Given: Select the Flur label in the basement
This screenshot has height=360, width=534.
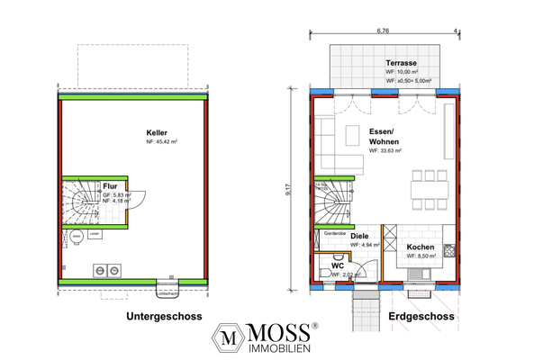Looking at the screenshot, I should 110,185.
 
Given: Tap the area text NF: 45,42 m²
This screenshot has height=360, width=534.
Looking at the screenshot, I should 164,142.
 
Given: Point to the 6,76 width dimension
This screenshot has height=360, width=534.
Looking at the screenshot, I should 383,31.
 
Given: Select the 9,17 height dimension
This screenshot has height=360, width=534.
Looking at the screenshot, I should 290,190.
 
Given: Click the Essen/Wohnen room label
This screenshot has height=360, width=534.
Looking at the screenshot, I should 385,137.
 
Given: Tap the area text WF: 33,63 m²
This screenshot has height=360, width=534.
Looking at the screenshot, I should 388,151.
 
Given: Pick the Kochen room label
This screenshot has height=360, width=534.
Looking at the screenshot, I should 421,247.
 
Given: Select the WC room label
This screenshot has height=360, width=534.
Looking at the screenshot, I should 338,265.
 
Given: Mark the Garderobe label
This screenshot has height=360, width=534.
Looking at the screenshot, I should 336,232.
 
